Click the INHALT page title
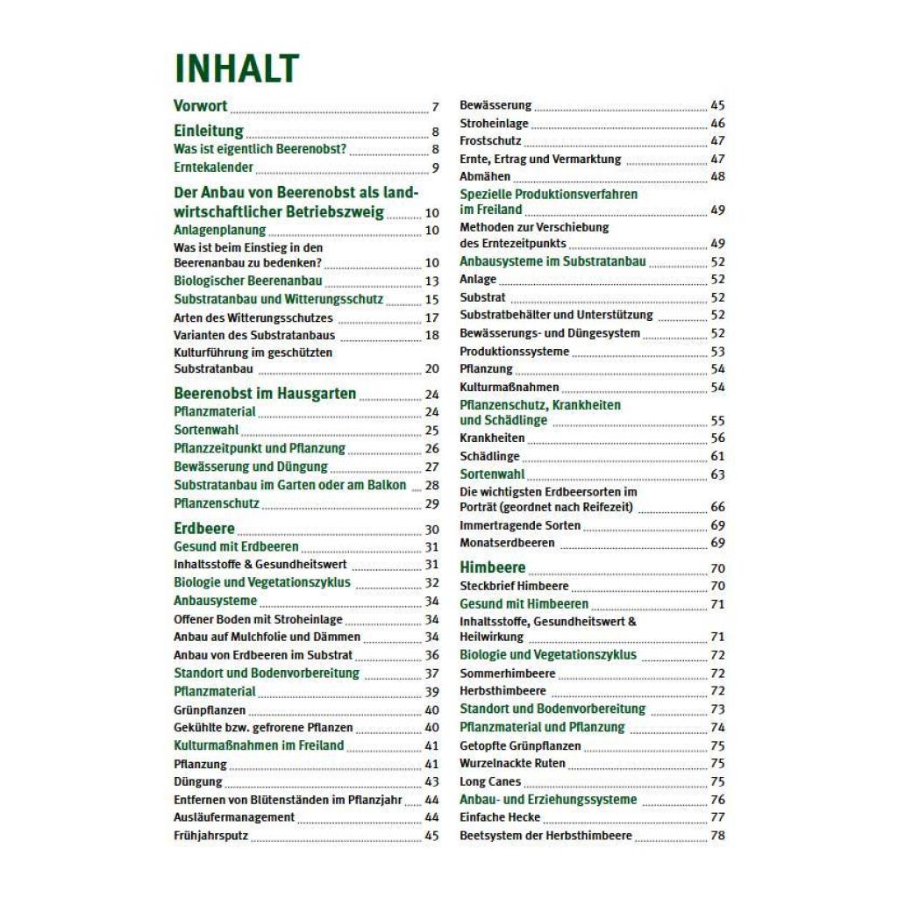pyautogui.click(x=237, y=69)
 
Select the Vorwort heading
pyautogui.click(x=201, y=106)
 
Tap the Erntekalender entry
pyautogui.click(x=213, y=167)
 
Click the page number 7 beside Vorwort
pyautogui.click(x=435, y=108)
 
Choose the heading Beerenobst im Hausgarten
pyautogui.click(x=265, y=394)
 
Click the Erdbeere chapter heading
pyautogui.click(x=204, y=529)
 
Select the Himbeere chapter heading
pyautogui.click(x=493, y=567)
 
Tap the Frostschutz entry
pyautogui.click(x=490, y=141)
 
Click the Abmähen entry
pyautogui.click(x=485, y=176)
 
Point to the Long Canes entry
pyautogui.click(x=490, y=781)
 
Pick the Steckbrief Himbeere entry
pyautogui.click(x=514, y=586)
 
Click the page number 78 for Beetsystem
pyautogui.click(x=717, y=837)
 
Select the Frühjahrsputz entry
pyautogui.click(x=211, y=836)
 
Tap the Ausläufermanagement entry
pyautogui.click(x=234, y=817)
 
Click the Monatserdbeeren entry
pyautogui.click(x=507, y=543)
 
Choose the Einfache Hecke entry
pyautogui.click(x=500, y=817)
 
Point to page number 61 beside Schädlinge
pyautogui.click(x=717, y=457)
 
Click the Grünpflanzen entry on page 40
pyautogui.click(x=210, y=710)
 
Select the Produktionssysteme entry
pyautogui.click(x=514, y=352)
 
